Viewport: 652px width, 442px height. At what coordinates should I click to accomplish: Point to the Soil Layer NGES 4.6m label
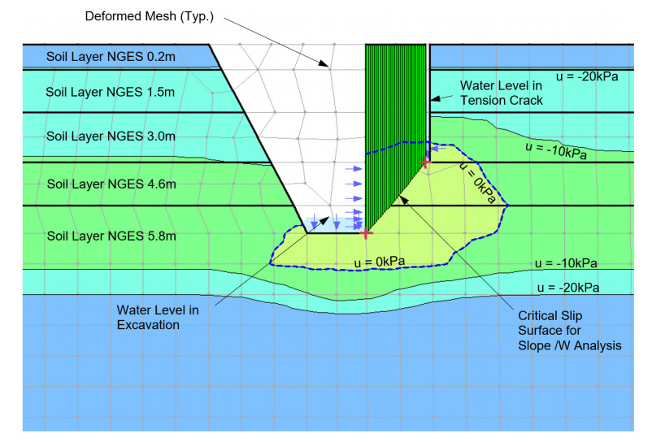[111, 184]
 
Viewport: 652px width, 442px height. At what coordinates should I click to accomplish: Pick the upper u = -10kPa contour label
[558, 151]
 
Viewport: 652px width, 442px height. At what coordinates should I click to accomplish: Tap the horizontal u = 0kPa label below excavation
[379, 261]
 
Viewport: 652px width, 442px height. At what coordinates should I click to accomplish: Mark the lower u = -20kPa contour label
[568, 288]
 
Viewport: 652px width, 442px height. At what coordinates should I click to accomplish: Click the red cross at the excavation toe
[367, 233]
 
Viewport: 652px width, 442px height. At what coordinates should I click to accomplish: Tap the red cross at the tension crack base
[425, 162]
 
